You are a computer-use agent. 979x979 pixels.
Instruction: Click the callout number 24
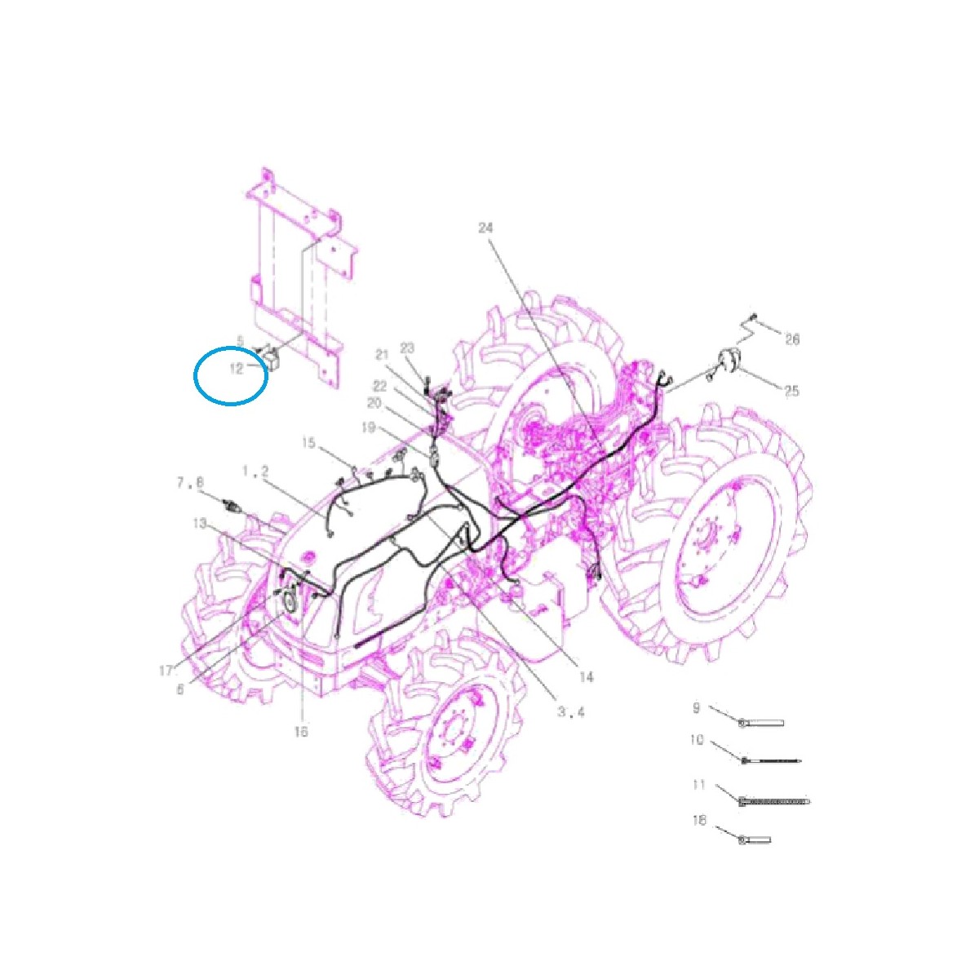(486, 228)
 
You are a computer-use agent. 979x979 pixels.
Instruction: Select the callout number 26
(792, 339)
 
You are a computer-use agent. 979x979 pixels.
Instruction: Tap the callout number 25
(791, 392)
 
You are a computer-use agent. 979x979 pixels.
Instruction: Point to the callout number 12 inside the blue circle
(237, 369)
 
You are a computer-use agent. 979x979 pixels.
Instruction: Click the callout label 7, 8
(190, 483)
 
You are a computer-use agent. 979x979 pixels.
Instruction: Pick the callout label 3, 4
(571, 711)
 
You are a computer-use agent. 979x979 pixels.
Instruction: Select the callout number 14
(586, 676)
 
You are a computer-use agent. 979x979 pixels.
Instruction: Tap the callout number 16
(301, 732)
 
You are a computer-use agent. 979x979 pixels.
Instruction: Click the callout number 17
(166, 671)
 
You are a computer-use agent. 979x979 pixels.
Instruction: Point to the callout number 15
(308, 443)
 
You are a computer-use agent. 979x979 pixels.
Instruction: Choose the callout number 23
(408, 349)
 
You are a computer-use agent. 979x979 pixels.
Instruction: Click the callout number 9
(696, 708)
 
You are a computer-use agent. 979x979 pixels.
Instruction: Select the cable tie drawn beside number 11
(774, 802)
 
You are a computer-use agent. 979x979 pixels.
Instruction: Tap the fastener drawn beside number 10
(771, 761)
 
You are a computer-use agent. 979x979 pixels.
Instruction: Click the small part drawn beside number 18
(755, 839)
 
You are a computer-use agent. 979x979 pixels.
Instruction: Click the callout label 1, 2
(255, 472)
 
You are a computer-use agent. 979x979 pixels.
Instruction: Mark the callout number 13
(200, 523)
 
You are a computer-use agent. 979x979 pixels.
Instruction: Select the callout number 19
(368, 427)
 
